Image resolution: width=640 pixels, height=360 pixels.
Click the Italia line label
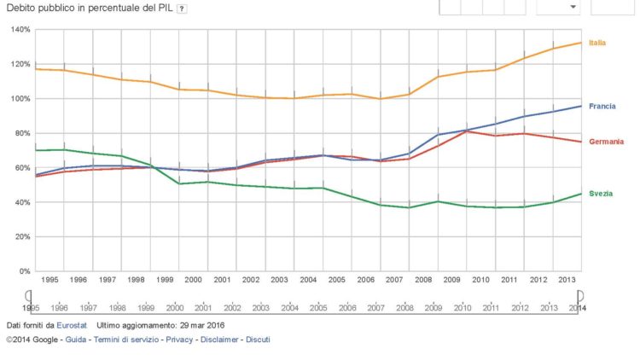[x=597, y=43]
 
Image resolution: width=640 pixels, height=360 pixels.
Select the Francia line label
[x=602, y=106]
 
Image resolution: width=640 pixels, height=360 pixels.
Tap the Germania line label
[x=606, y=142]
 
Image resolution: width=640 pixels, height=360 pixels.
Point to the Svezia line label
[x=601, y=194]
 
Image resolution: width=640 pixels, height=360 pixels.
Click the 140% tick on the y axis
[x=21, y=29]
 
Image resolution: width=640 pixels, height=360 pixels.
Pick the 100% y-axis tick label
[x=21, y=98]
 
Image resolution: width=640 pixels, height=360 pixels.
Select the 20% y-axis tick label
[x=23, y=236]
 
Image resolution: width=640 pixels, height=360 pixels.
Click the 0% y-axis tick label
[x=26, y=271]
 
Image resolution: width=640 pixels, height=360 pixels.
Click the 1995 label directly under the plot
[x=49, y=280]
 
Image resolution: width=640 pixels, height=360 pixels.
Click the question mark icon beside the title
[x=182, y=9]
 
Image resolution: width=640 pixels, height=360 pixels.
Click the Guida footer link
[x=76, y=340]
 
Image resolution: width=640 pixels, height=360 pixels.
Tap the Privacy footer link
[x=179, y=340]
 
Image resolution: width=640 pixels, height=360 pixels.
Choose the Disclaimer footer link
[x=219, y=340]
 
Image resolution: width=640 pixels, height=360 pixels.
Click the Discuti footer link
[x=258, y=340]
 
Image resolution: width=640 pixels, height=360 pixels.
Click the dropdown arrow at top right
[x=573, y=7]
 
